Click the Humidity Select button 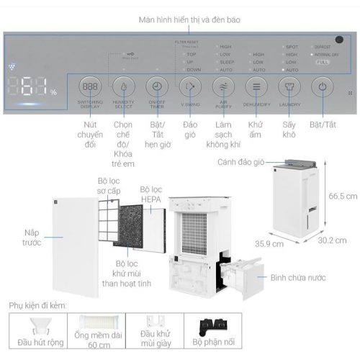(125, 88)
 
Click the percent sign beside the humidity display (53, 92)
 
